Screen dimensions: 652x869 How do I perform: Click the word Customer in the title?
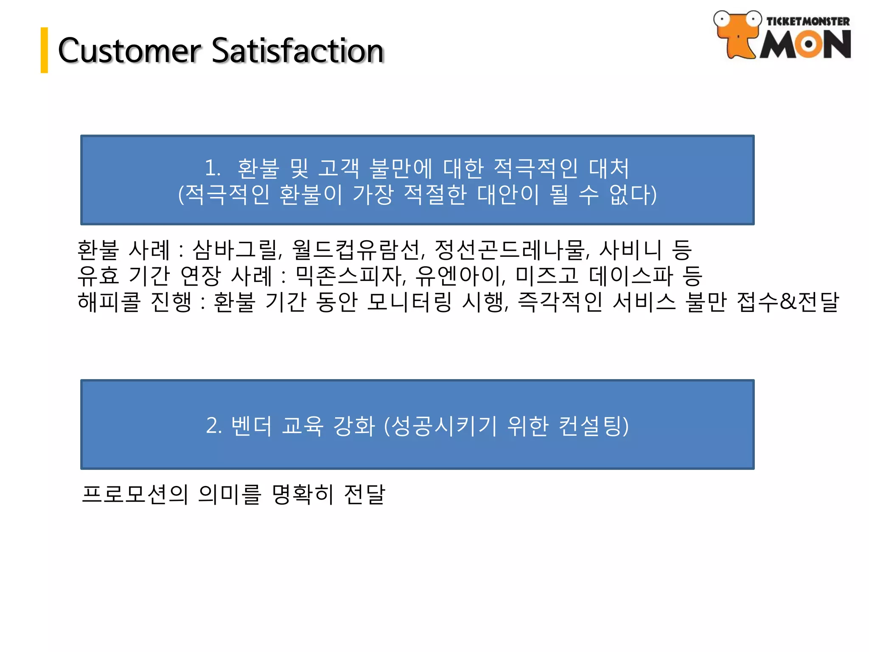pos(129,51)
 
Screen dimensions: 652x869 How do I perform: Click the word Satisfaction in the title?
pos(297,51)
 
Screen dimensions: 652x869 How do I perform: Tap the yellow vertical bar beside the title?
pos(44,50)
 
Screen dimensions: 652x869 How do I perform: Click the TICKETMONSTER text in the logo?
pos(807,21)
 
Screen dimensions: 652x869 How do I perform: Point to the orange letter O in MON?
pos(808,44)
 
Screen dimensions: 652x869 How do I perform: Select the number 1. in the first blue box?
pos(213,168)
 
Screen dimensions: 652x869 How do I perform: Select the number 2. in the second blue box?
pos(213,425)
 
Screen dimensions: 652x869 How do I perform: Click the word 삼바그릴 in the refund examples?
pos(236,250)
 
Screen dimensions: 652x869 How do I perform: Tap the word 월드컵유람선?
pos(357,250)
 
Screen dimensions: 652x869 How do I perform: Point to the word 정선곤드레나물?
pos(511,250)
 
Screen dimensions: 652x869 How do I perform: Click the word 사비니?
pos(630,250)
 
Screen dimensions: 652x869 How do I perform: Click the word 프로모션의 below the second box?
pos(135,494)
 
